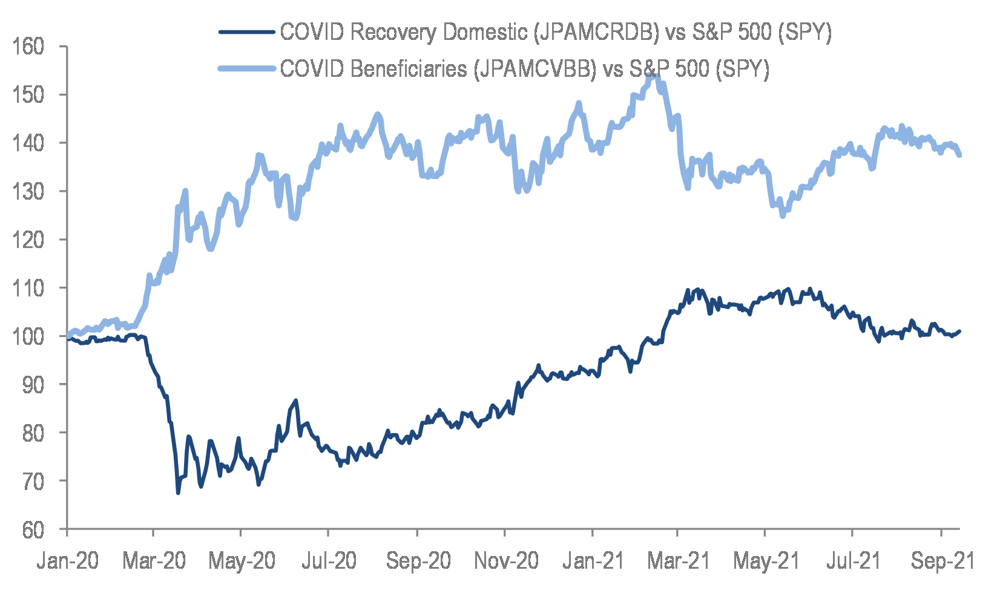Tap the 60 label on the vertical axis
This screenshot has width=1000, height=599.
click(x=33, y=529)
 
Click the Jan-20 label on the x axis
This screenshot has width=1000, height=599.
click(x=67, y=561)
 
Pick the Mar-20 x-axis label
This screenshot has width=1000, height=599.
click(x=154, y=561)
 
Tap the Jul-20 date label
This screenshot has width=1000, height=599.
click(x=329, y=561)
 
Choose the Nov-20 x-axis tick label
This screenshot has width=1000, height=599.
click(x=505, y=561)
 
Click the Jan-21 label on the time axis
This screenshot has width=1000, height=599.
click(x=593, y=561)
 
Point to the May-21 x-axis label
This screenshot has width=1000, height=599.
click(x=766, y=561)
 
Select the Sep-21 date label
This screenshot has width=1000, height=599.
click(x=942, y=561)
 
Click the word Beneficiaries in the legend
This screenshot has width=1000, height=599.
click(x=409, y=68)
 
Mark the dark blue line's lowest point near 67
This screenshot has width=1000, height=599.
click(x=178, y=493)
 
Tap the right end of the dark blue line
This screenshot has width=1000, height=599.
click(x=960, y=331)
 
